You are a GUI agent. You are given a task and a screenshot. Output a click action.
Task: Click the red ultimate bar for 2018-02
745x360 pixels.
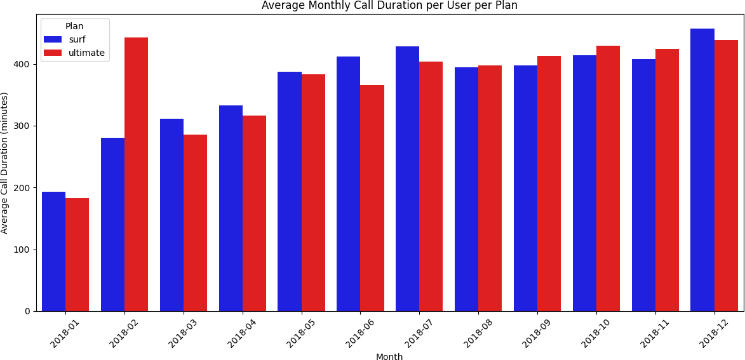[136, 174]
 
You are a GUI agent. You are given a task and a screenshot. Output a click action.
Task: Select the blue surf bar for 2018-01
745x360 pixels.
[53, 251]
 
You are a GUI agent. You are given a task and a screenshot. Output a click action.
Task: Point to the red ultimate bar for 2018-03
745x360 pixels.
[195, 223]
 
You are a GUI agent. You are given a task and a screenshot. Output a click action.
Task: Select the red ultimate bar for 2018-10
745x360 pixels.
[608, 178]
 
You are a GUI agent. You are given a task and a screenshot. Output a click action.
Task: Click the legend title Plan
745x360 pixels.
[74, 27]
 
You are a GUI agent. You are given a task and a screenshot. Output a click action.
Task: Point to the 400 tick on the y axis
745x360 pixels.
[29, 65]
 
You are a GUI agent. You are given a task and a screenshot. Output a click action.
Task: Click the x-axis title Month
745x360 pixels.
[389, 357]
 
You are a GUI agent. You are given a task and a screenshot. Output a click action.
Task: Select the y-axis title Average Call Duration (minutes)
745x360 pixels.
[5, 163]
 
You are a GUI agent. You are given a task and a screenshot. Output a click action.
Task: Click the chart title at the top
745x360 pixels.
[389, 6]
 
